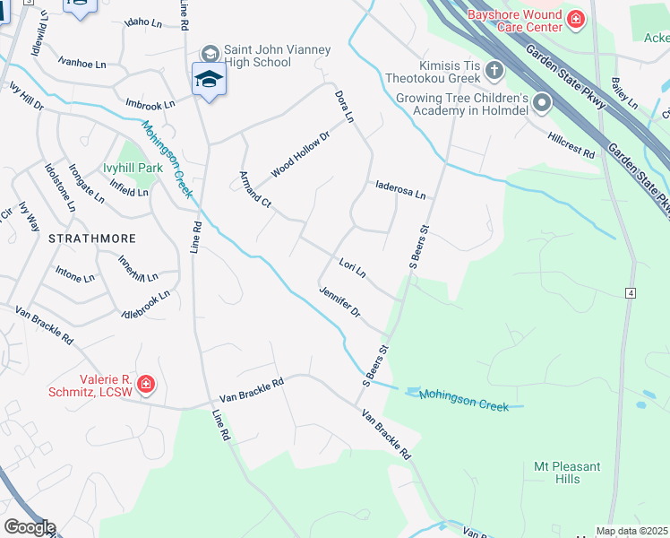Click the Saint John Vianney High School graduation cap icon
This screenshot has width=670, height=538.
[209, 80]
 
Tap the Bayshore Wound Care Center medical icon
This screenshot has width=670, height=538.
[575, 19]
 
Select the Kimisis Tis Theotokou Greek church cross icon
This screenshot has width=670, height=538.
[494, 69]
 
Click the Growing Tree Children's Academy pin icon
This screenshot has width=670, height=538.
[541, 104]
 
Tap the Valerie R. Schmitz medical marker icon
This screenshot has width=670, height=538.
[145, 386]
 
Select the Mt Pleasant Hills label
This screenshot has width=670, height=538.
[567, 473]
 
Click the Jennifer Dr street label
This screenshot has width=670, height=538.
[339, 300]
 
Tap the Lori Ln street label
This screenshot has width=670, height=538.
[353, 266]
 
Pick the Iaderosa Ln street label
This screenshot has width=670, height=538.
[400, 191]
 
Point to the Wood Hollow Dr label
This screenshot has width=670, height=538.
[301, 152]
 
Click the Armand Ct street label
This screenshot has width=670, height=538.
[255, 188]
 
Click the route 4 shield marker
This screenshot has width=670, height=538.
[631, 293]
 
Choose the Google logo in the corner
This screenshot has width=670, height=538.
[29, 527]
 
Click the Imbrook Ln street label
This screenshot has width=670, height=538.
[150, 103]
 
